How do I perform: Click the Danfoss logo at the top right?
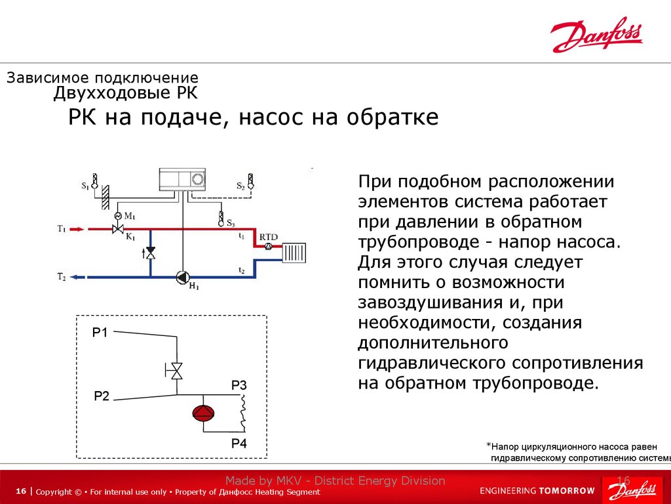click(596, 36)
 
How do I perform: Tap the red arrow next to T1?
click(77, 229)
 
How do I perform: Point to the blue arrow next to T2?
click(77, 277)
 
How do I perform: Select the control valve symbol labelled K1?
click(119, 229)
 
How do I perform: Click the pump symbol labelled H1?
click(182, 277)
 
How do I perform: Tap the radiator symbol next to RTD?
click(293, 252)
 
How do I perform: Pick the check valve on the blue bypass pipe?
click(150, 253)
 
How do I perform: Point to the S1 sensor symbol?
click(95, 182)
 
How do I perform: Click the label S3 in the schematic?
click(231, 224)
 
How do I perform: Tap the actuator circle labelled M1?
click(118, 216)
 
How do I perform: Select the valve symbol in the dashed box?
click(176, 371)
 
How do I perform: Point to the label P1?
click(100, 333)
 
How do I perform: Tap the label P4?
click(239, 444)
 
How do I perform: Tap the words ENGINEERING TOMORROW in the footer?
click(537, 490)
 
